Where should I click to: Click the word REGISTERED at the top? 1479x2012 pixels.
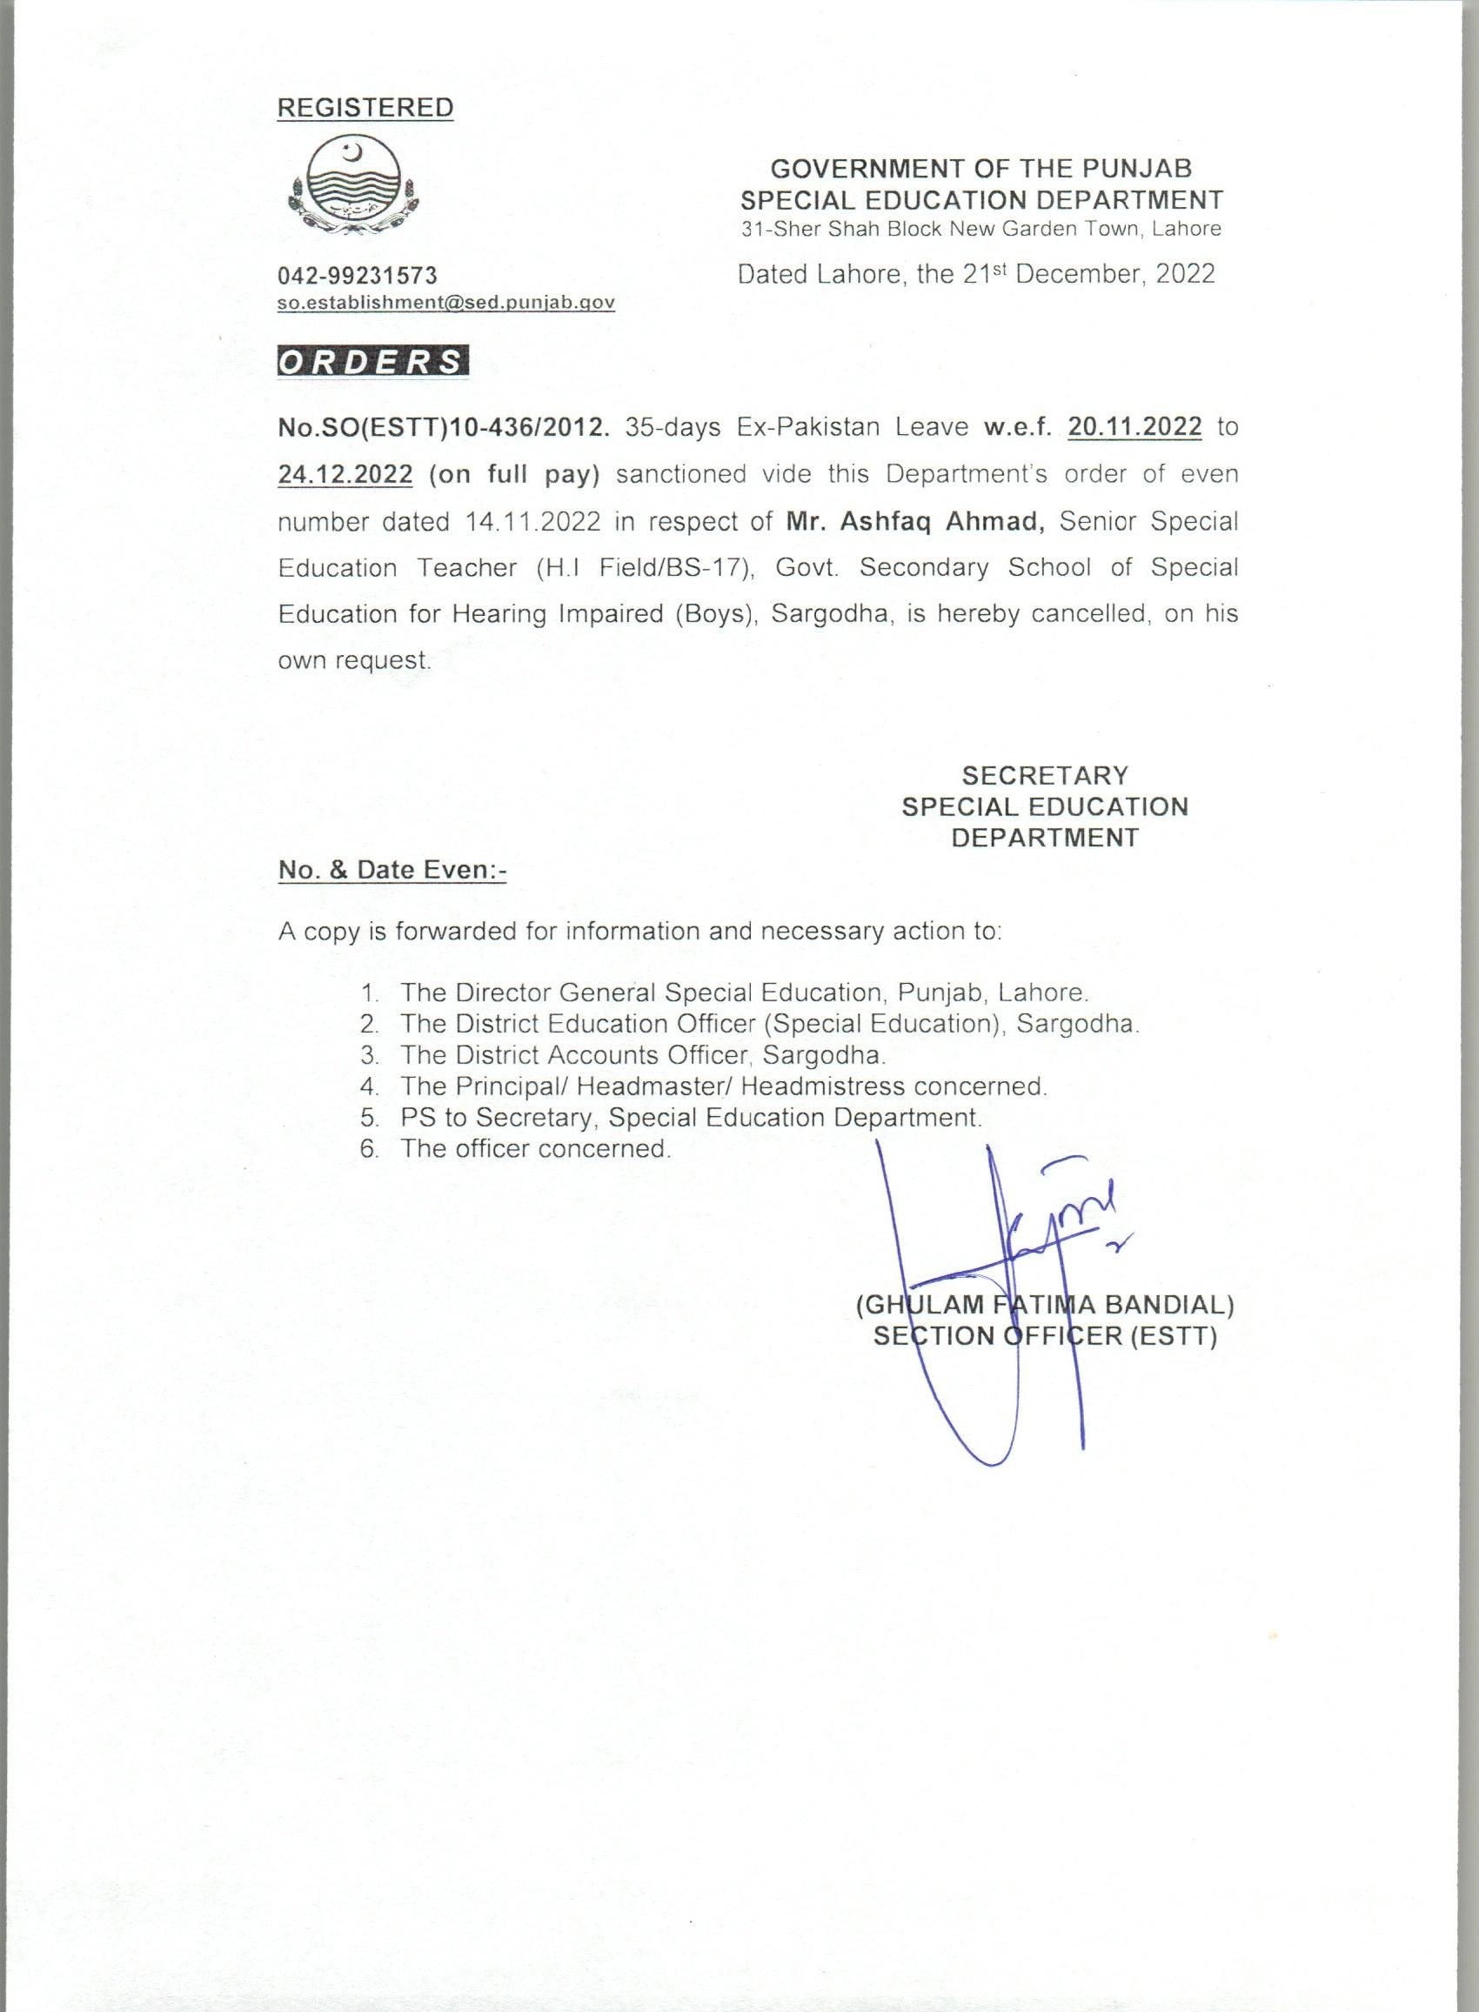click(x=365, y=107)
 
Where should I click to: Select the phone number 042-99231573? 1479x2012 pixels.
click(x=358, y=275)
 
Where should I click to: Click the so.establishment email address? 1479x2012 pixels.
click(x=445, y=303)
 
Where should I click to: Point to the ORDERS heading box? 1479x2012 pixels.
click(x=372, y=362)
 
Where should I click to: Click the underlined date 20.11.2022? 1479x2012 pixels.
click(x=1134, y=427)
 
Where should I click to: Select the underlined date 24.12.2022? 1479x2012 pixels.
click(x=345, y=473)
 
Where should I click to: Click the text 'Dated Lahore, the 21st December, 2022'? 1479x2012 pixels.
click(x=976, y=274)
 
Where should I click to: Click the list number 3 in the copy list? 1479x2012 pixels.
click(x=369, y=1055)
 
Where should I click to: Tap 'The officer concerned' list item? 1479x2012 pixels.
click(x=535, y=1148)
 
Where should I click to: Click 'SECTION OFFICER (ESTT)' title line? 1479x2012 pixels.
click(x=1045, y=1336)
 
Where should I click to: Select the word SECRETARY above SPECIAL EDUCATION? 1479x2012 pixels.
click(x=1045, y=775)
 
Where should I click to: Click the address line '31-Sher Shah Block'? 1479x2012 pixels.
click(x=981, y=228)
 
